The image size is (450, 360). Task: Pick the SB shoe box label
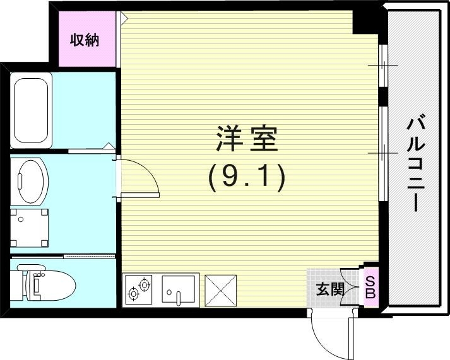[370, 287]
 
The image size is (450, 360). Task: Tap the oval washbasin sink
[30, 182]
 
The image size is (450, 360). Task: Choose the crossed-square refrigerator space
[220, 290]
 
